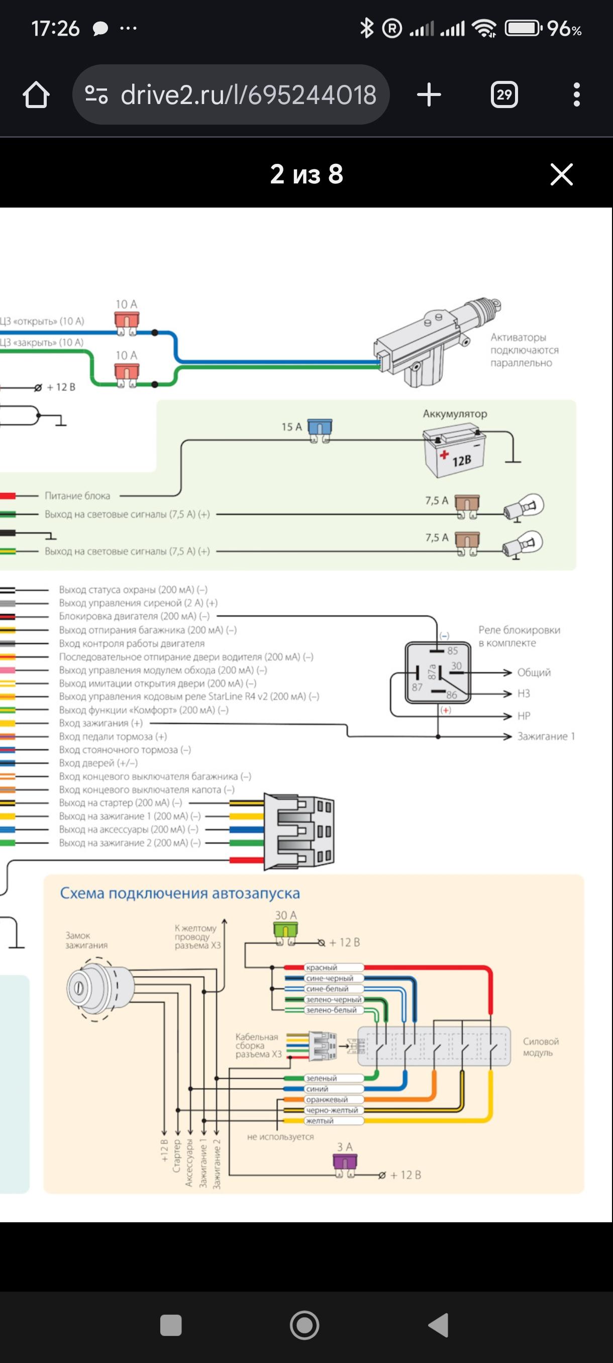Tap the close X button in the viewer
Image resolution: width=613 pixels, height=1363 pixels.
pos(561,174)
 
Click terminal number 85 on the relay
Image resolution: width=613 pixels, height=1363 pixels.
pos(452,651)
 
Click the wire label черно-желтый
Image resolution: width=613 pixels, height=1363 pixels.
pos(332,1110)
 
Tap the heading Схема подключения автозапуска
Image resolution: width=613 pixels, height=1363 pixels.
pos(180,894)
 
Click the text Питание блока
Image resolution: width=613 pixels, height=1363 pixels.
pos(77,496)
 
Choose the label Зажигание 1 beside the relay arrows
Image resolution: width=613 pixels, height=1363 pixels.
pos(545,736)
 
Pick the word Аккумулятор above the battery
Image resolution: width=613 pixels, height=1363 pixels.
pos(454,414)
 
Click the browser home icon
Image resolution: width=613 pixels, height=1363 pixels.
pos(36,95)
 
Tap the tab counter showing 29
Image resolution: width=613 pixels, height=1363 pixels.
pos(503,95)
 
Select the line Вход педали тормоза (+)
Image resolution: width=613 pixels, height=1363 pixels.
pos(113,736)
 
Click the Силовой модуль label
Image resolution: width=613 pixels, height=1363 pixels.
pos(541,1046)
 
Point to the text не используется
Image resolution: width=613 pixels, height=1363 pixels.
pos(280,1136)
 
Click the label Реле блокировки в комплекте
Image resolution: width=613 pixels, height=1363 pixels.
pos(519,636)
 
